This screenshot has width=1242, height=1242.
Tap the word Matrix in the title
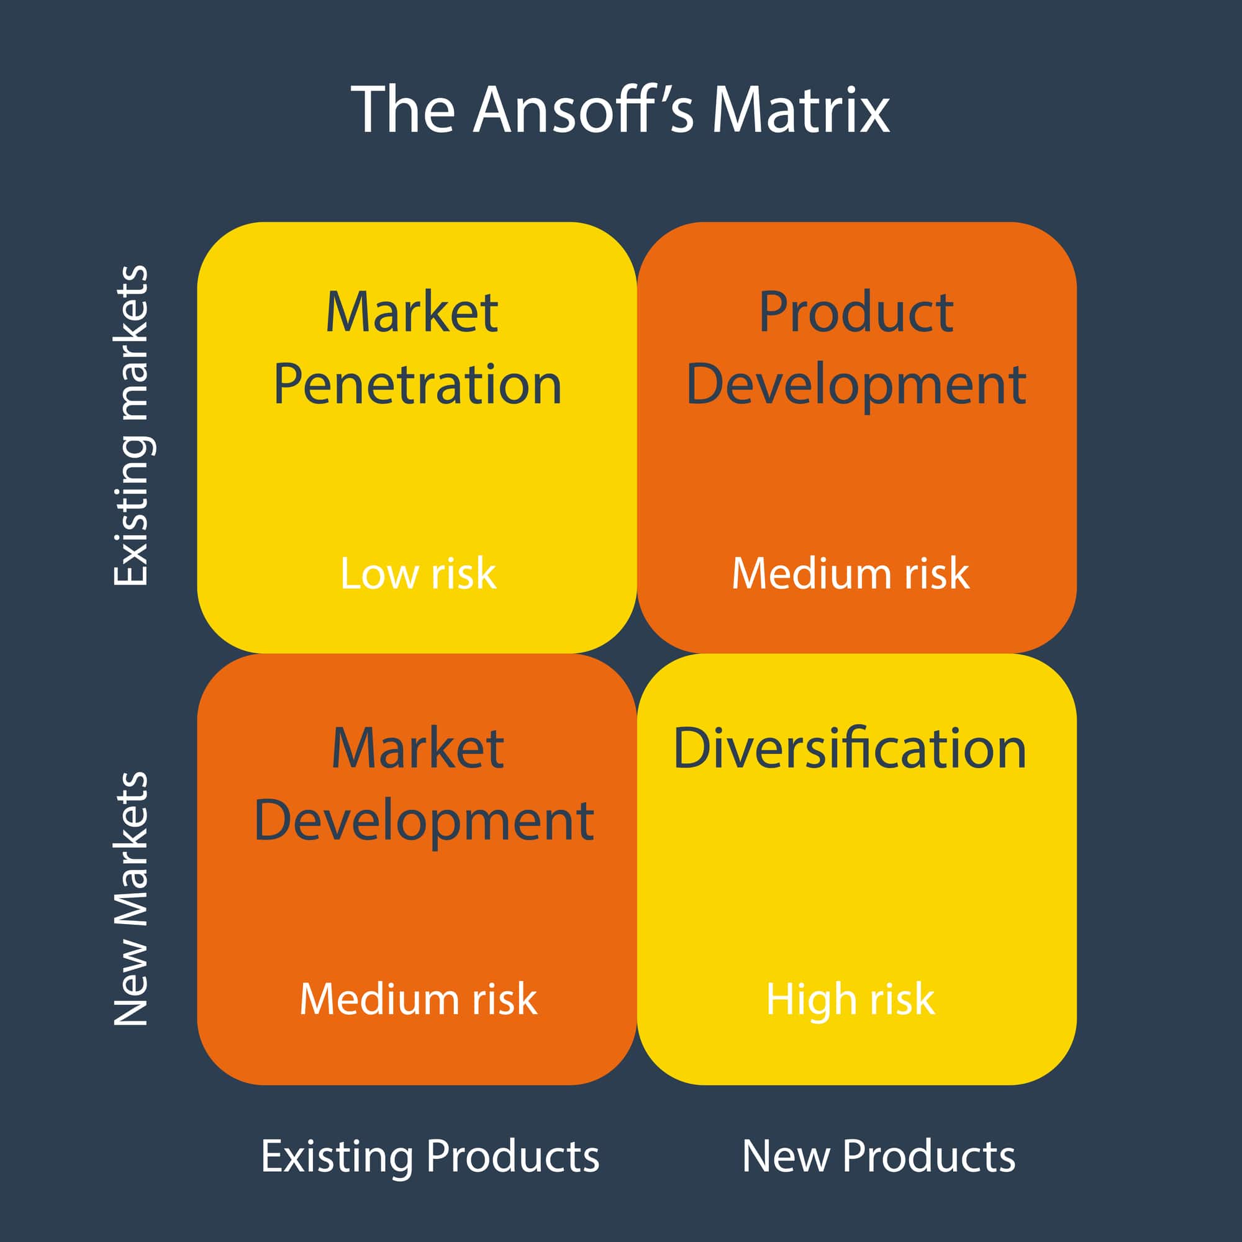[800, 110]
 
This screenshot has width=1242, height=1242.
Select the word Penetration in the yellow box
[417, 385]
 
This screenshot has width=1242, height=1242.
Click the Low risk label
[418, 573]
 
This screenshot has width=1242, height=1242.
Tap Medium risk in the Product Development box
[850, 573]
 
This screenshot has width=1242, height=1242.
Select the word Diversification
[850, 748]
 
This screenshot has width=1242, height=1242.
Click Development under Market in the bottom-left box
[424, 821]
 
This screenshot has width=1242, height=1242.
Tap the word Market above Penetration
[412, 312]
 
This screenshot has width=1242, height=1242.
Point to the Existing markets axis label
[132, 425]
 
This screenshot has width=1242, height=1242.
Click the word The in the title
[403, 110]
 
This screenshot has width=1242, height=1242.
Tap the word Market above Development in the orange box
[417, 748]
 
